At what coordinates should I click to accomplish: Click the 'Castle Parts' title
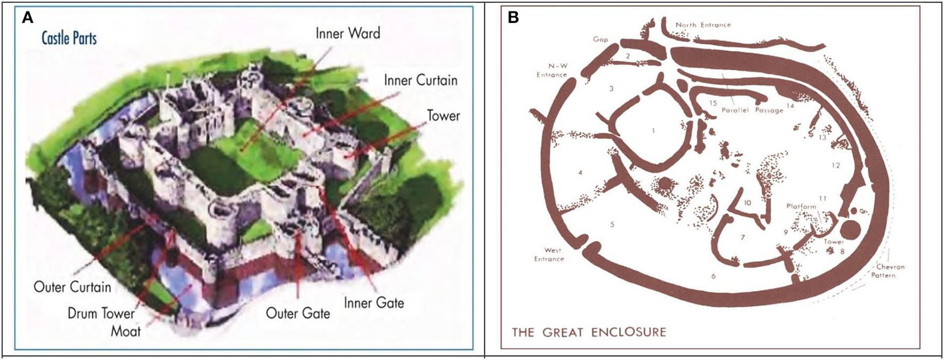(69, 38)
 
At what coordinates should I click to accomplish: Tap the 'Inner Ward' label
(348, 33)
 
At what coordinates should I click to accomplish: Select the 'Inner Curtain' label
(420, 80)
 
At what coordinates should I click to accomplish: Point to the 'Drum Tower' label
(101, 313)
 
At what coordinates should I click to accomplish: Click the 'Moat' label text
(126, 331)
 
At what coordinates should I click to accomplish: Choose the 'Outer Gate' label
(298, 313)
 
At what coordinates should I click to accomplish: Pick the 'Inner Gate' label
(373, 302)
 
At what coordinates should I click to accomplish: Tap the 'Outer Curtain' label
(72, 287)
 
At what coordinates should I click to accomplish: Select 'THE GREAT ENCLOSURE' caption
(589, 333)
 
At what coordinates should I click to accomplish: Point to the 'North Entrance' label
(703, 25)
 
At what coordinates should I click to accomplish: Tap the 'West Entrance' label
(549, 255)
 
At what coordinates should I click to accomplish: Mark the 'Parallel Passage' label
(753, 110)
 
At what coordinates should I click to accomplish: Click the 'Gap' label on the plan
(601, 39)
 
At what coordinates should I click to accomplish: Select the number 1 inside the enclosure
(653, 130)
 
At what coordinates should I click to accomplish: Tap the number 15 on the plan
(713, 103)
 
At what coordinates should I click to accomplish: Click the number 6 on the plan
(713, 275)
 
